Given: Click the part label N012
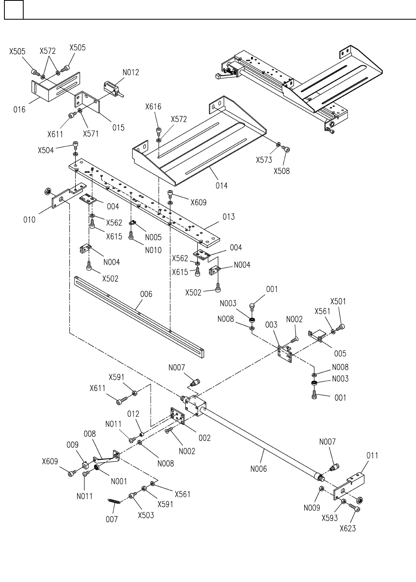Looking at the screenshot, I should click(131, 73).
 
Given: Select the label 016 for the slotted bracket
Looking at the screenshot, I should click(19, 110).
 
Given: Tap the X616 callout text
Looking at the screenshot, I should click(153, 107).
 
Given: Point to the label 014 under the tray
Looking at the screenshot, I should click(221, 185).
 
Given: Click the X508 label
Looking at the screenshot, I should click(282, 171).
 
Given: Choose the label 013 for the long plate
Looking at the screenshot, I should click(228, 217).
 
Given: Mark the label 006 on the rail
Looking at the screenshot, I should click(146, 294).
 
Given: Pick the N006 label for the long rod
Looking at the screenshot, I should click(258, 468).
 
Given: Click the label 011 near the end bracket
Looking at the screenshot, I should click(372, 456).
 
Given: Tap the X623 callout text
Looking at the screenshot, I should click(347, 528).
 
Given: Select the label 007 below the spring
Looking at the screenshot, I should click(112, 519).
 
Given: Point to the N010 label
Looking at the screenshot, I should click(153, 250).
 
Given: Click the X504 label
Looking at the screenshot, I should click(46, 150).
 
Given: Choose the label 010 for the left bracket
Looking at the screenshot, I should click(29, 220).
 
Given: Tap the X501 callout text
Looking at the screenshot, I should click(338, 301).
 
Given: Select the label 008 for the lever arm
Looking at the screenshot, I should click(90, 434).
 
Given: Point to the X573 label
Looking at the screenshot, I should click(264, 160).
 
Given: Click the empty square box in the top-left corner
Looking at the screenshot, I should click(14, 10).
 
